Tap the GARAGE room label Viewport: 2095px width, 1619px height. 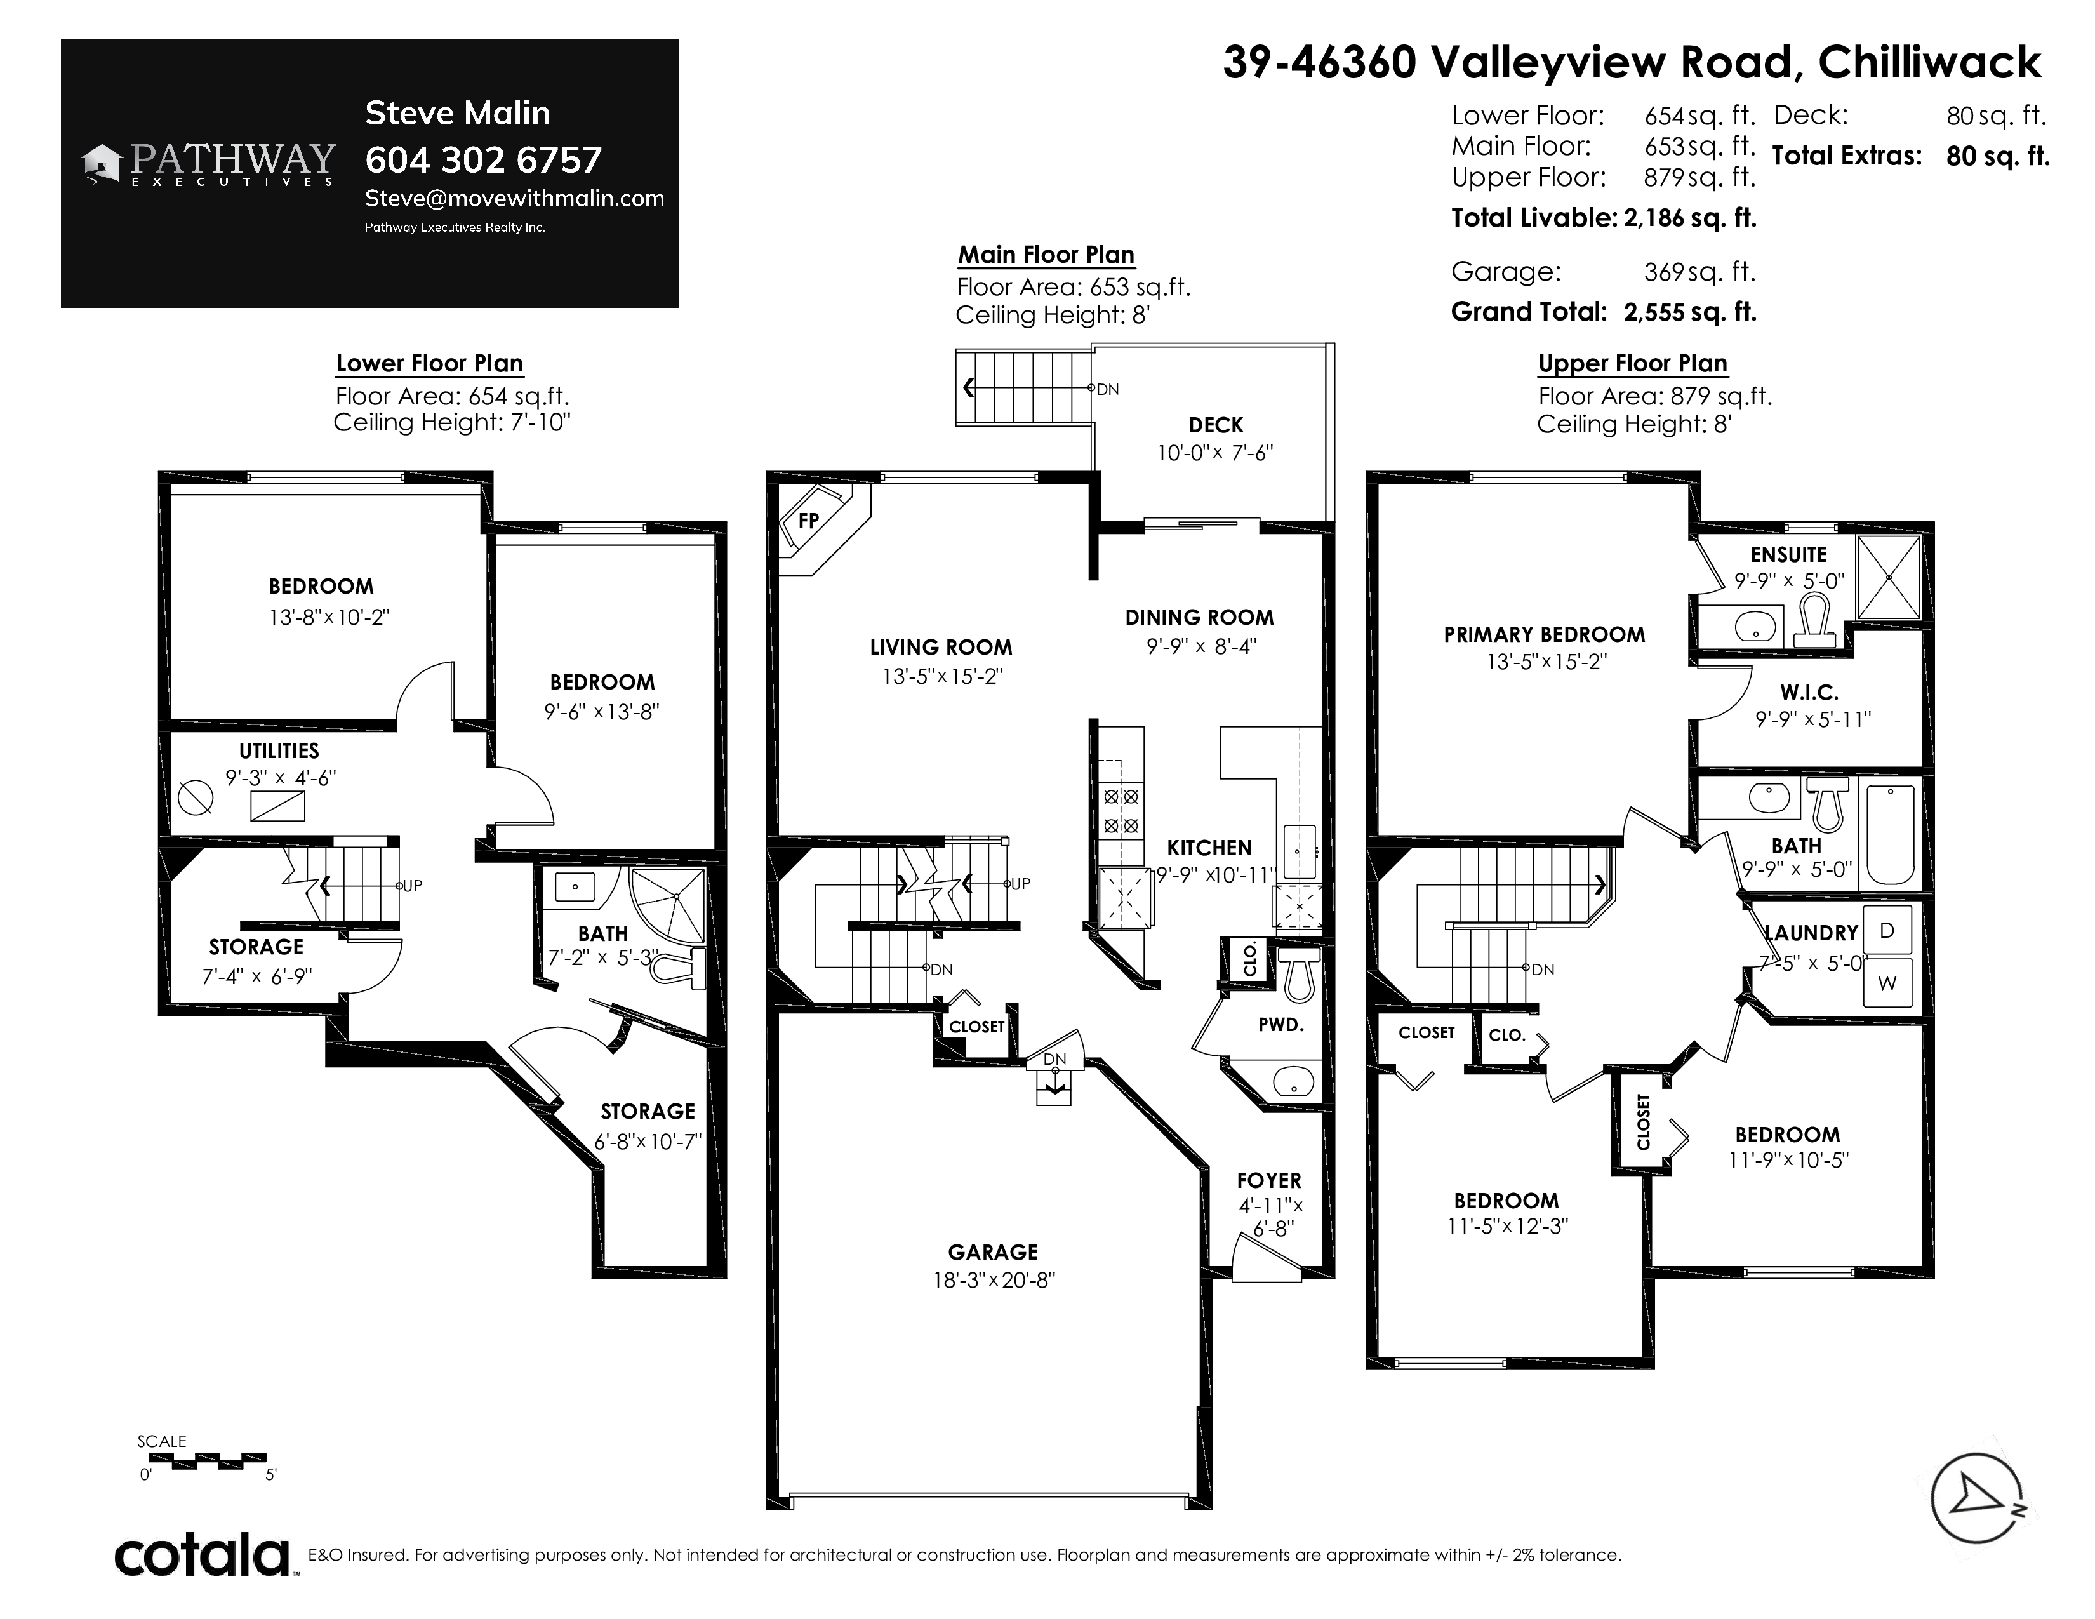click(x=993, y=1251)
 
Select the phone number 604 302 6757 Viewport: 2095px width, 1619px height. click(x=484, y=159)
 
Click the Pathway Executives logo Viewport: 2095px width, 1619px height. click(x=209, y=164)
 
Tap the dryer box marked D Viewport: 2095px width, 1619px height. click(x=1887, y=930)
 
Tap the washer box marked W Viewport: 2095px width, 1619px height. click(x=1887, y=983)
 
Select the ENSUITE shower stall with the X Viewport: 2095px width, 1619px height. click(x=1889, y=577)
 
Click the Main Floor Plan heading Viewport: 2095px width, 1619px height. click(x=1046, y=255)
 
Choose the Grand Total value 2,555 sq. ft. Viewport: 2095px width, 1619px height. click(x=1689, y=312)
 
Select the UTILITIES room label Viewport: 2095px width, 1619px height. click(x=279, y=751)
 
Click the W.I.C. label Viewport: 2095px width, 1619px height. click(x=1809, y=693)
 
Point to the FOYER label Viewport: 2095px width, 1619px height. click(x=1269, y=1181)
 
